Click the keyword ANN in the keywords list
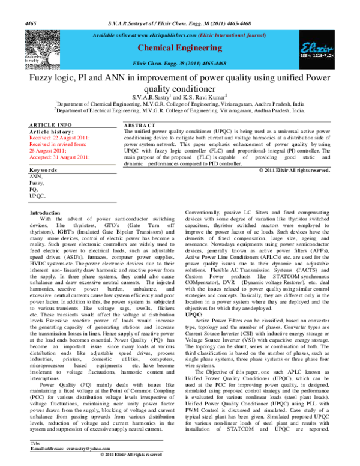(36, 177)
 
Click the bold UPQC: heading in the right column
(194, 313)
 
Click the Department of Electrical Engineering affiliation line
(179, 110)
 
